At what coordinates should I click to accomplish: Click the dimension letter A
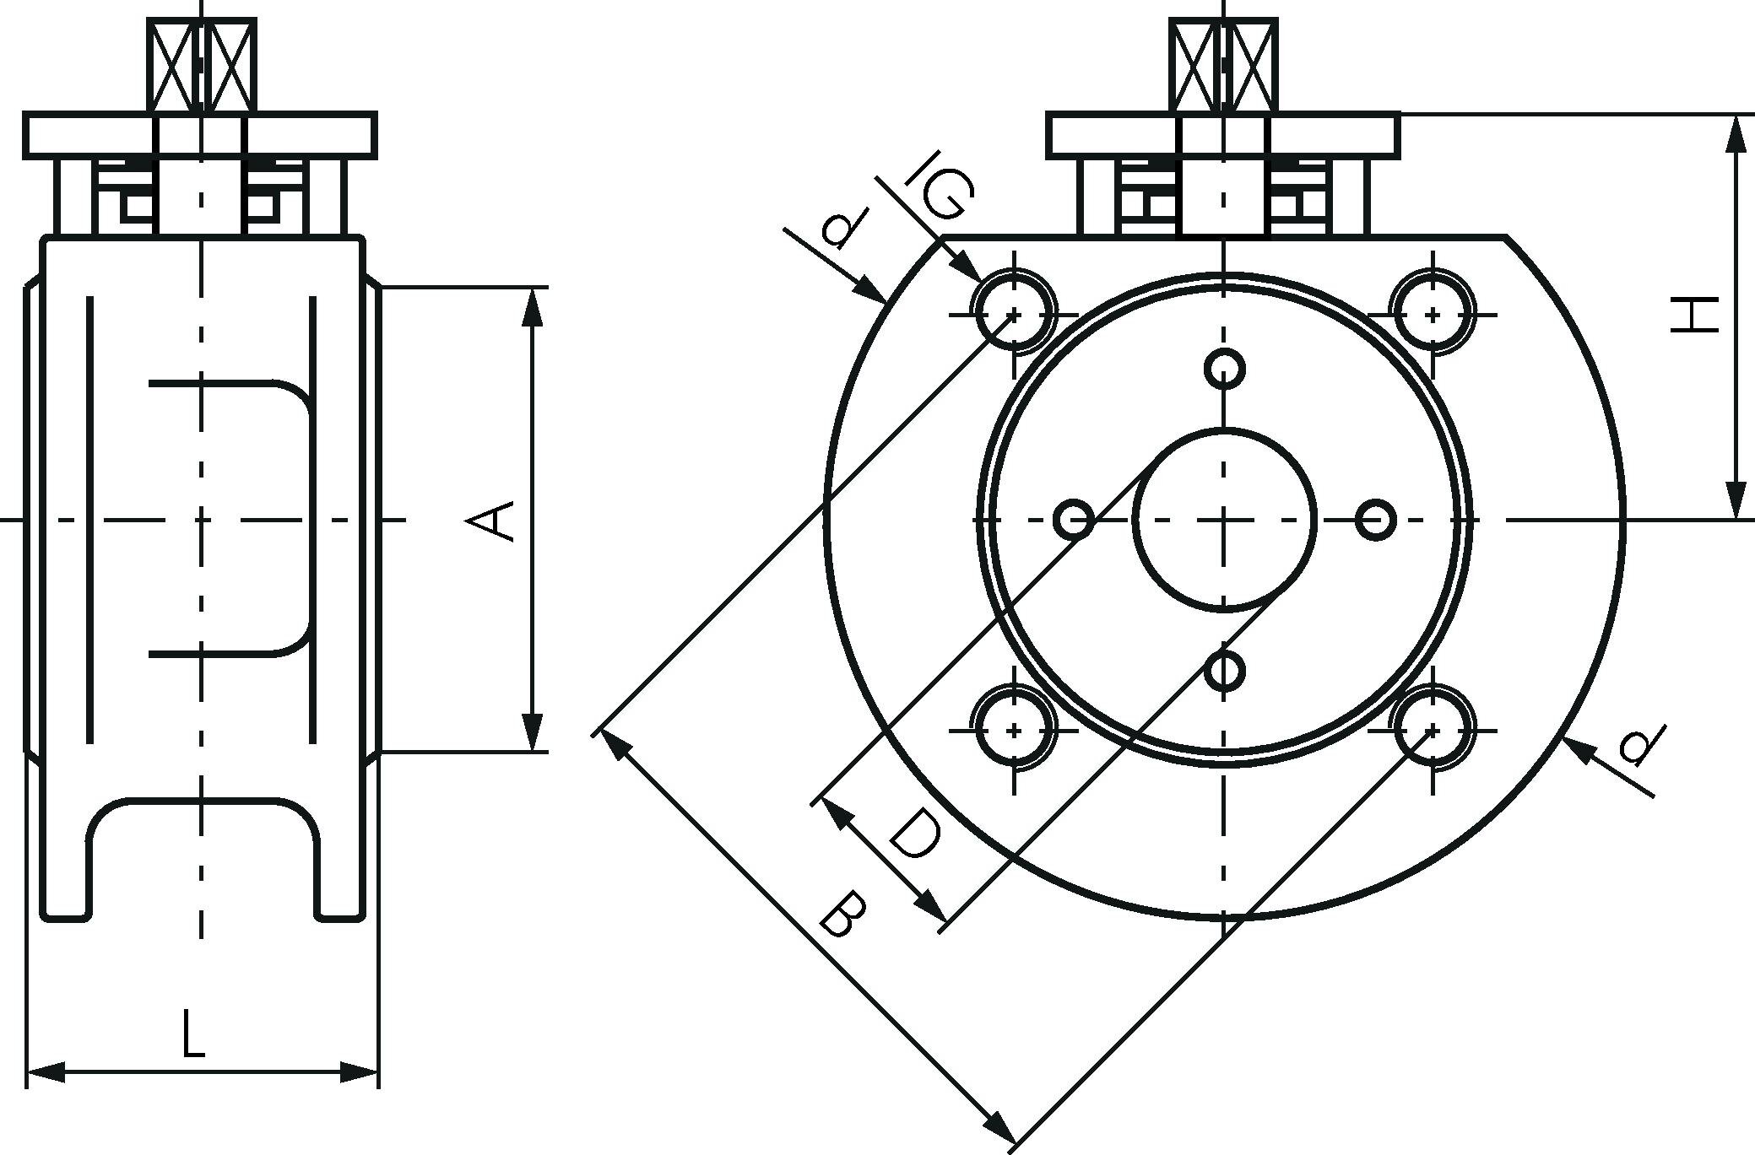click(x=490, y=520)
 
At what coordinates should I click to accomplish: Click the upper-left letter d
click(x=846, y=225)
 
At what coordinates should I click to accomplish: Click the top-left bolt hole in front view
click(x=1015, y=314)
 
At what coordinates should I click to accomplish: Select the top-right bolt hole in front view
click(x=1433, y=314)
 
